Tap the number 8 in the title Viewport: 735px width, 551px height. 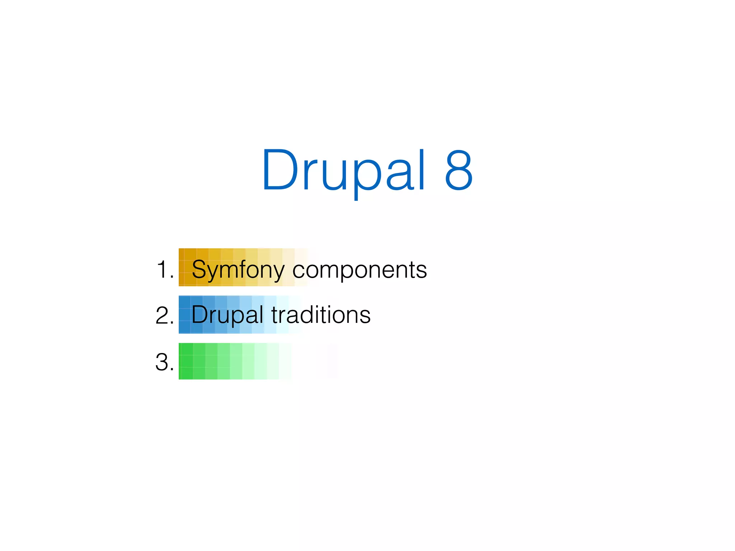(x=458, y=170)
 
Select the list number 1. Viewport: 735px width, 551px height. (x=163, y=269)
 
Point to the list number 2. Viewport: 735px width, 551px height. (x=163, y=315)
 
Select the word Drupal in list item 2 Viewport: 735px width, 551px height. (x=227, y=315)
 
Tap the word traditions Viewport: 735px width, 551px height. (x=321, y=315)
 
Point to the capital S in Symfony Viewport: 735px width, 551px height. (x=200, y=269)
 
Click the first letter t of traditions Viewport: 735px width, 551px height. (x=275, y=315)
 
